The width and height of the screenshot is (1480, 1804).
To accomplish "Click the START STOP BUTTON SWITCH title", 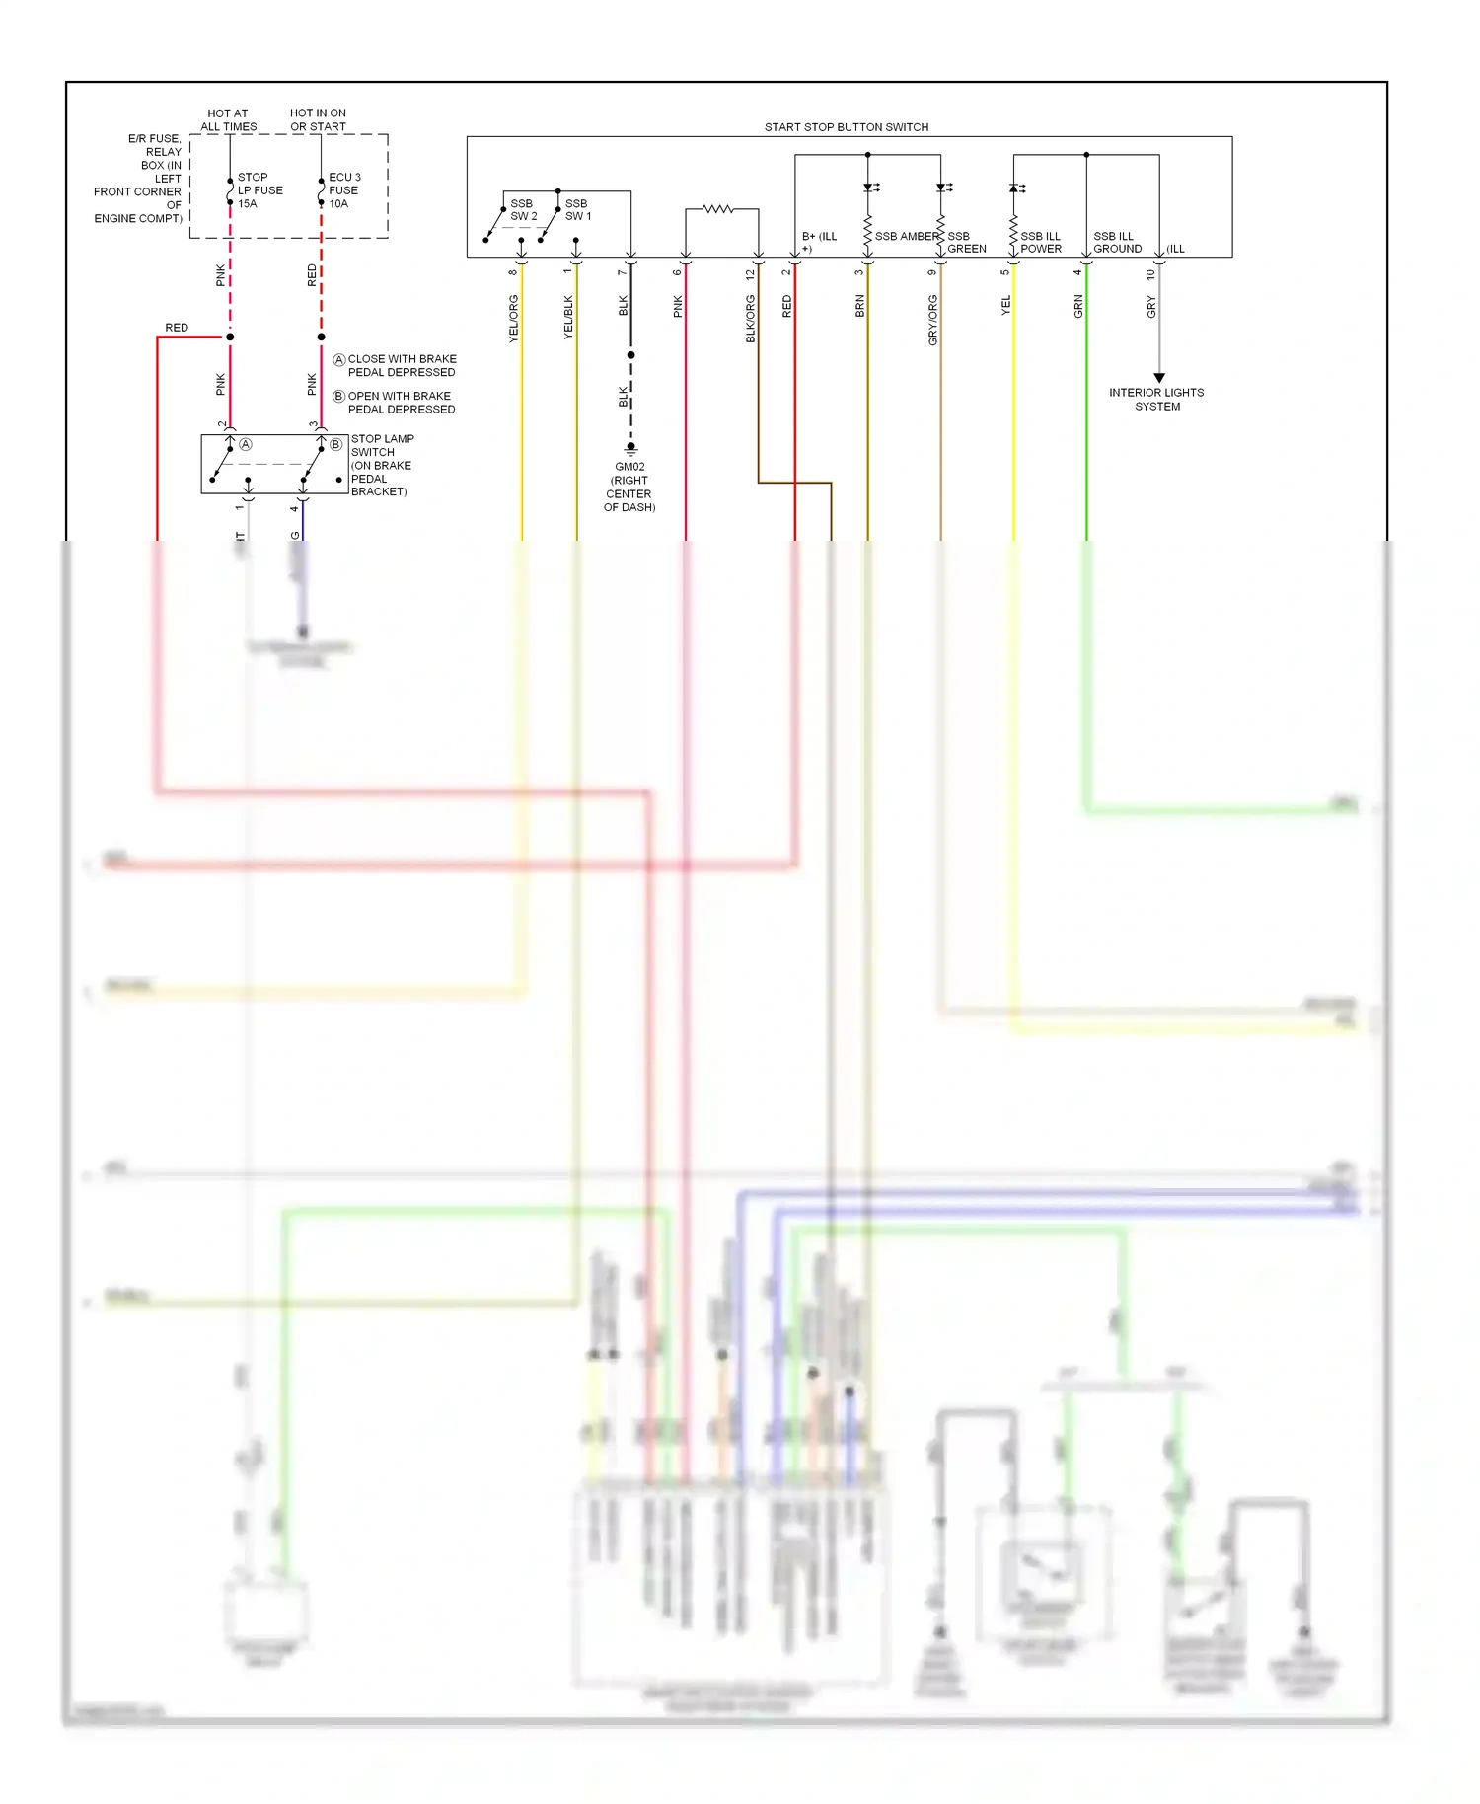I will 846,127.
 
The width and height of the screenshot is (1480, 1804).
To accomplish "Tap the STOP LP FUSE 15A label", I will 259,190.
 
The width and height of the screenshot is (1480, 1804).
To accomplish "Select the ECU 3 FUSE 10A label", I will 344,190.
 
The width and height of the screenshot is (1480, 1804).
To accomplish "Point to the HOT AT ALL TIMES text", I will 228,119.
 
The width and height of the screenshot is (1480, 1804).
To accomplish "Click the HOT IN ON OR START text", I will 318,119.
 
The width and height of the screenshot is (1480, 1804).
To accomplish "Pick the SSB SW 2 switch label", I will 523,210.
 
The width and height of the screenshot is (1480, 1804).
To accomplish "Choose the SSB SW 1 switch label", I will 578,210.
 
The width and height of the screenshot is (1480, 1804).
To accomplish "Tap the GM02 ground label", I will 629,487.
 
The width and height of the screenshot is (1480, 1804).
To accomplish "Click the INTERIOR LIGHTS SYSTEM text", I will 1156,399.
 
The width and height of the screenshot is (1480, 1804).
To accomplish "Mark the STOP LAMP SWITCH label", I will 382,465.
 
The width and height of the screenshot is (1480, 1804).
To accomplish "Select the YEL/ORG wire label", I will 513,319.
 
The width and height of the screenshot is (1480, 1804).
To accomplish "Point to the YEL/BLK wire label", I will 568,318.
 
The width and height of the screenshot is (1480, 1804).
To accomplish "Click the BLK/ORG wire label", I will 750,319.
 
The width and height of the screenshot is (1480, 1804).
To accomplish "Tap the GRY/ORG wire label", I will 932,321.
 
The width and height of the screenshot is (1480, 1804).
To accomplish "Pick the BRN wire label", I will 859,306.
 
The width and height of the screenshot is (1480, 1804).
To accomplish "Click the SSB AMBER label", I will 907,237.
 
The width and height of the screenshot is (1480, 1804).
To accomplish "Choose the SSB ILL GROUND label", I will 1117,243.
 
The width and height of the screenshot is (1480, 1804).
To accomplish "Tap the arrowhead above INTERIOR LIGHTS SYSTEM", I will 1159,378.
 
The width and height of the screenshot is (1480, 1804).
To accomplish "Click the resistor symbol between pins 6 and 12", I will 717,209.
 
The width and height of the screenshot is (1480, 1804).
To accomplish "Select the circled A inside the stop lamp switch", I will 246,445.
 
